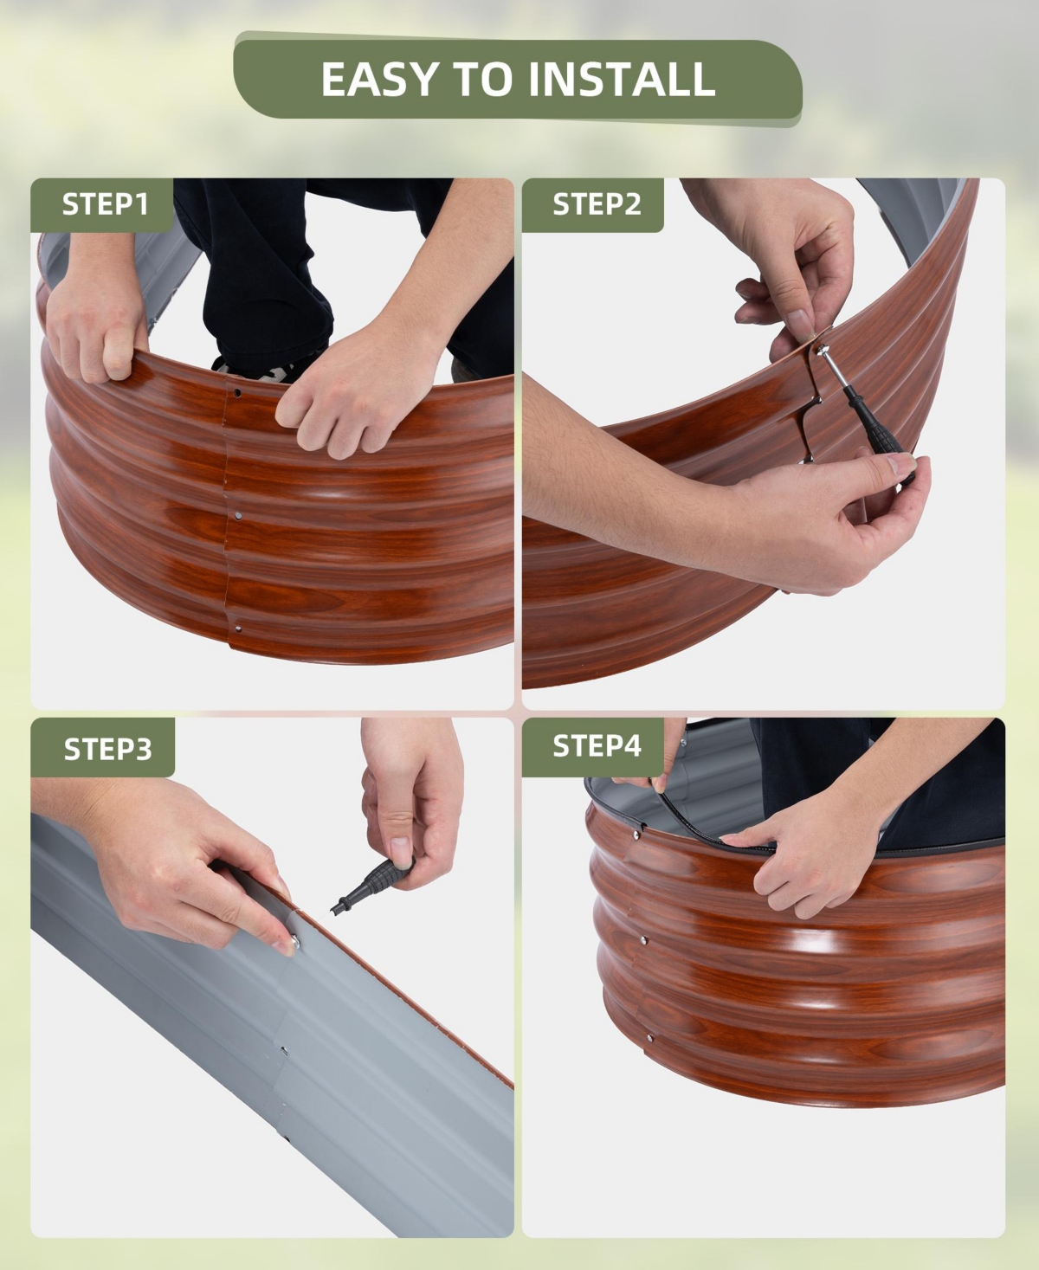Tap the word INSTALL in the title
click(x=622, y=79)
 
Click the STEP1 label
click(x=105, y=204)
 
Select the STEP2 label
click(x=597, y=204)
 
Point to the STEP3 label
click(x=108, y=749)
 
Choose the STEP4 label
click(x=597, y=745)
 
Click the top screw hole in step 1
click(x=237, y=393)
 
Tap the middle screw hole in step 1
click(x=238, y=516)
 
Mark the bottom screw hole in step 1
click(x=238, y=629)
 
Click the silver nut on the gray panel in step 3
click(x=294, y=941)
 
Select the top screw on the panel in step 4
click(x=636, y=834)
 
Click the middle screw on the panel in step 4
click(x=643, y=940)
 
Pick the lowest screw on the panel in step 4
click(x=649, y=1038)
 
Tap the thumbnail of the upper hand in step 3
click(x=400, y=850)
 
